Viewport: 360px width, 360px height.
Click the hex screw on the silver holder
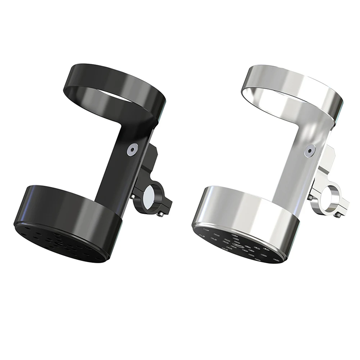tap(308, 151)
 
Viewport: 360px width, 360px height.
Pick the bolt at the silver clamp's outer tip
tap(339, 215)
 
